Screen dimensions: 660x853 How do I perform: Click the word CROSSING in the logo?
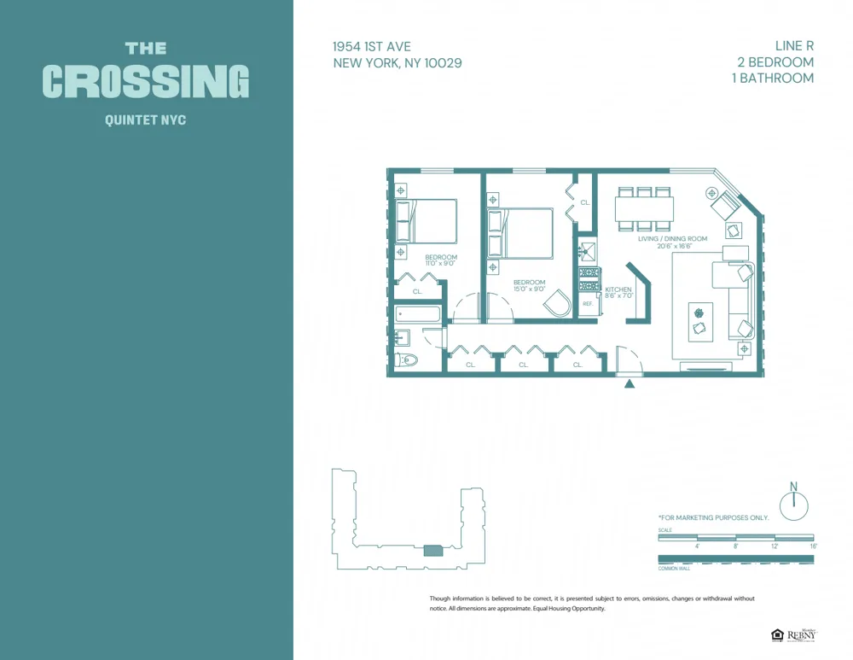(x=146, y=82)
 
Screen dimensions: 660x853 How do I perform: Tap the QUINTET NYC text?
(x=145, y=120)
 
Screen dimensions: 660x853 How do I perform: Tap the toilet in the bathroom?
(x=406, y=360)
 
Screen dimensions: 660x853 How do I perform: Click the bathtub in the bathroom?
(x=418, y=314)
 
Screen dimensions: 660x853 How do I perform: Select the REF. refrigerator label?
(x=588, y=303)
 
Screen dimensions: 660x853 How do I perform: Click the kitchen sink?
(x=587, y=251)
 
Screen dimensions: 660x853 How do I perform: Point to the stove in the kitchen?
(x=588, y=277)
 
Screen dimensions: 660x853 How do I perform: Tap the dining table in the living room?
(x=644, y=209)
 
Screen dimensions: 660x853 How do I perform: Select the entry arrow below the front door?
(x=630, y=384)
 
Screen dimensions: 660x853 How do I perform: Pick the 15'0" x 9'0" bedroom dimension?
(x=529, y=289)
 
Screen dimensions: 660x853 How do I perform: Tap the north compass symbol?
(x=793, y=505)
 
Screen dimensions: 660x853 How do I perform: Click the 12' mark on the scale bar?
(x=775, y=546)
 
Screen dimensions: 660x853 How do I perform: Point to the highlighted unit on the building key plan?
(x=433, y=551)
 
